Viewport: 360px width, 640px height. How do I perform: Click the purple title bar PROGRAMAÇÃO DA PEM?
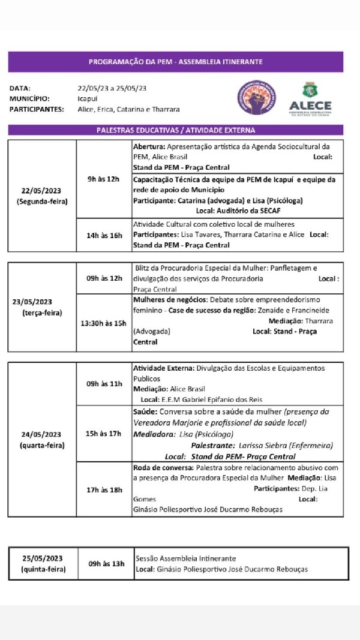coord(175,62)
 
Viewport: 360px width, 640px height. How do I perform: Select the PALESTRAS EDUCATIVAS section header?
coord(175,130)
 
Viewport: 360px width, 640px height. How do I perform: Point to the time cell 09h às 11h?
coord(104,383)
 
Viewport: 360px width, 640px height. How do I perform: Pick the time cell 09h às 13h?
coord(106,563)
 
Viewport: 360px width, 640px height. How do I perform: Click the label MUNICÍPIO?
coord(29,98)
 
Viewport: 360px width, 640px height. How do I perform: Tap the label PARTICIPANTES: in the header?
coord(37,109)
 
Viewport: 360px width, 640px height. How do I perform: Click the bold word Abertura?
coord(149,147)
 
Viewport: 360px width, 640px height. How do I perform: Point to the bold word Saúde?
coord(145,412)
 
